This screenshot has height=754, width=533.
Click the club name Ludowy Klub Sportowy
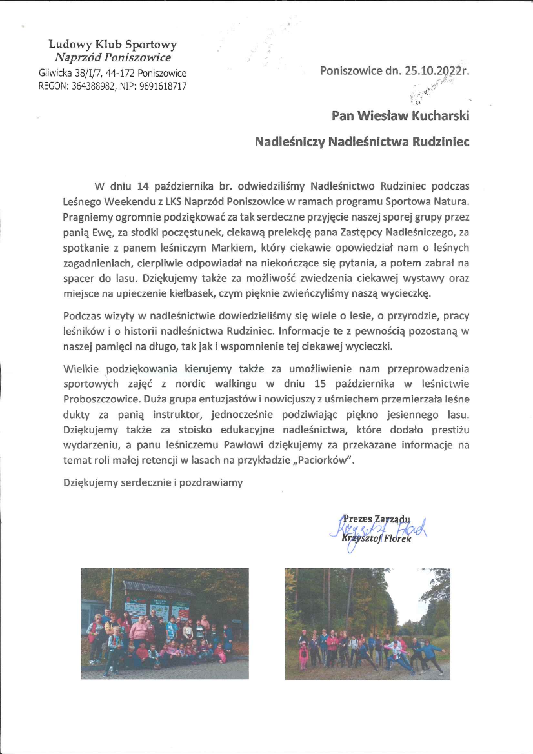pos(113,45)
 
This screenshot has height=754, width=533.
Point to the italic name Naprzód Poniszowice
pos(113,57)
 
